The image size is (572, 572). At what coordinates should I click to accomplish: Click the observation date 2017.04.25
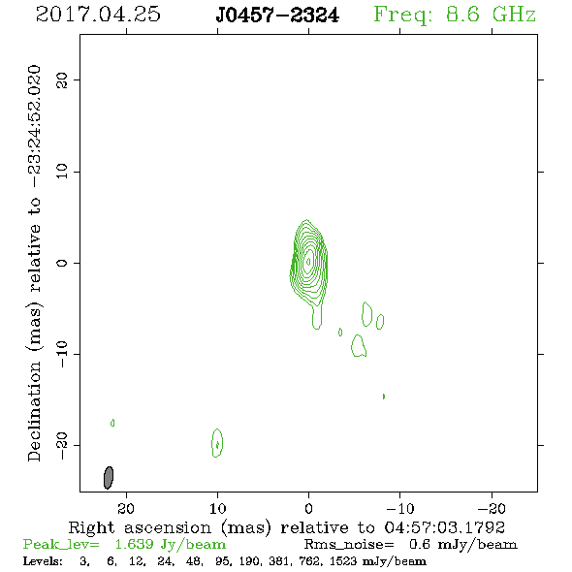point(98,15)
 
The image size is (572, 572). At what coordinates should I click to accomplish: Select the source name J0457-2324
point(277,16)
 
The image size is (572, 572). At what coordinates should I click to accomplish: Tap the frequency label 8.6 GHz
point(491,15)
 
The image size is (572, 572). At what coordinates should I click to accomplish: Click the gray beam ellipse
point(109,478)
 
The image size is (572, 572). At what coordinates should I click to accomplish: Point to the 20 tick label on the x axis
point(126,508)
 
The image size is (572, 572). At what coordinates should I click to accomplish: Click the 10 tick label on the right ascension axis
point(217,508)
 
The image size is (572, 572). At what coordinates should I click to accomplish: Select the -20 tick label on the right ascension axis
point(492,508)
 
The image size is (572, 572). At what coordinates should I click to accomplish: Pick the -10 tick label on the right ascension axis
point(400,508)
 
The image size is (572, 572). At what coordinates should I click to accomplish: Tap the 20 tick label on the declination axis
point(62,79)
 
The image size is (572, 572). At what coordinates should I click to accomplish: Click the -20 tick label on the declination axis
point(62,446)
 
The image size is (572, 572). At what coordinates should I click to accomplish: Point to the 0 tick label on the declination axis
point(62,263)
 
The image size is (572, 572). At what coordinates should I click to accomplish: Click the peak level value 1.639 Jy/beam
point(170,545)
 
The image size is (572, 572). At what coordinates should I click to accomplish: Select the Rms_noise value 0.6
point(420,544)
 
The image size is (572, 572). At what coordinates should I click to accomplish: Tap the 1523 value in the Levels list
point(342,560)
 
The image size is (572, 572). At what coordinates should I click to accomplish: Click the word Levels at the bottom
point(43,560)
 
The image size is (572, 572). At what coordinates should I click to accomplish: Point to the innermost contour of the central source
point(308,262)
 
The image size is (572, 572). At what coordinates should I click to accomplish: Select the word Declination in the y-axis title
point(34,411)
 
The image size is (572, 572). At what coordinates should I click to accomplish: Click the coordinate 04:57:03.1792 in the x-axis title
point(444,527)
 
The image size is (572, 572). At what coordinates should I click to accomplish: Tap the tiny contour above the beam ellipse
point(112,423)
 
